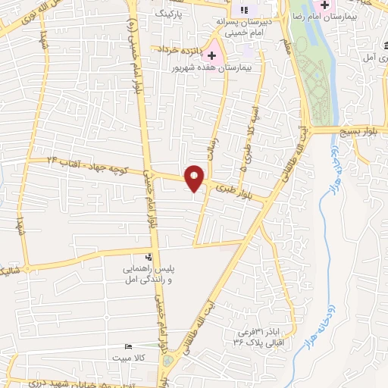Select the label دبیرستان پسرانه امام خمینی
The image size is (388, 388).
[x=240, y=27]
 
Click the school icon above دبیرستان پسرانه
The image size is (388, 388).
[x=243, y=9]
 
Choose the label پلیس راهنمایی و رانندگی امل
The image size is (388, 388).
[x=148, y=274]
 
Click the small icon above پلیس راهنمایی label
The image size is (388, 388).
[x=149, y=257]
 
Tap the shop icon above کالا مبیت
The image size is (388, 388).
[x=128, y=346]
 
